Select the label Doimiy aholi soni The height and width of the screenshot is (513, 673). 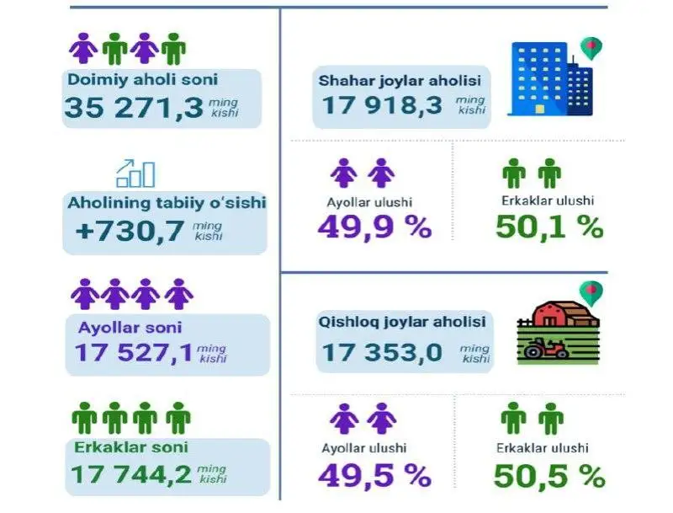point(141,80)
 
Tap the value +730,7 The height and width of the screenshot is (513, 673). point(130,230)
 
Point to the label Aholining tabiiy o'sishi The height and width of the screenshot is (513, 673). point(167,202)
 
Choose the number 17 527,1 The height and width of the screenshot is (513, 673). point(133,352)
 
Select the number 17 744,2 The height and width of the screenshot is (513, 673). point(133,475)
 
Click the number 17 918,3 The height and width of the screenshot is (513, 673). point(381,107)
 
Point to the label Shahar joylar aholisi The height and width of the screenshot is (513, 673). point(400,82)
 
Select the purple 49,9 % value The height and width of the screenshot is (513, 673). point(374,227)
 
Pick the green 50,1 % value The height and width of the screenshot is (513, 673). point(549,227)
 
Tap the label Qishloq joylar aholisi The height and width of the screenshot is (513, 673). point(403,322)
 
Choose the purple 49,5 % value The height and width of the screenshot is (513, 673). point(374,476)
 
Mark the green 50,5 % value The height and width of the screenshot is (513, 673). point(550,476)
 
